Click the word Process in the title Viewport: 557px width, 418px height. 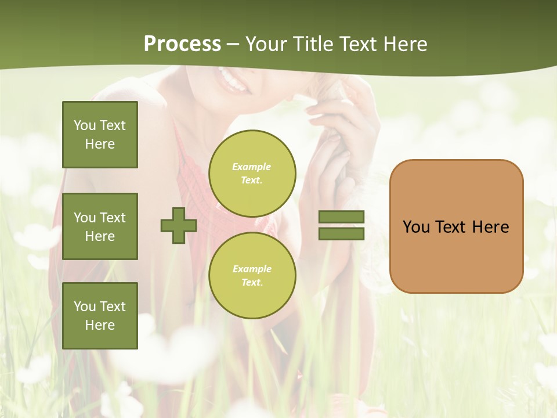pos(182,44)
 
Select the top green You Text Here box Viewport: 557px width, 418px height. pos(100,135)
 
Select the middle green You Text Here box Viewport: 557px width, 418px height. pos(100,226)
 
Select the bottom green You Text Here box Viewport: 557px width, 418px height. pos(100,316)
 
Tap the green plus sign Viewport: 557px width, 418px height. pos(179,225)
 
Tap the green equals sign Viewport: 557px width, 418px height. pos(342,225)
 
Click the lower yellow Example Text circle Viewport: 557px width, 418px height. pos(252,276)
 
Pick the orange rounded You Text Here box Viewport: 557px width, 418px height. pos(456,226)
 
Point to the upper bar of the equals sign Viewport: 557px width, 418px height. pos(342,217)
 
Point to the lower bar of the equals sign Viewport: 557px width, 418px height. pos(342,233)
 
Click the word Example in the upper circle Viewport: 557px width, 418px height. pos(252,167)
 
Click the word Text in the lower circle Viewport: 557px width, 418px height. pos(251,283)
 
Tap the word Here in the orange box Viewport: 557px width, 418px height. pos(490,227)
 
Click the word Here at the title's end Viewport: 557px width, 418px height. pos(404,44)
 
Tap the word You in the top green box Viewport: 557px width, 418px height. pos(85,125)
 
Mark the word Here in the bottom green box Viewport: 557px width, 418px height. pos(100,325)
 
